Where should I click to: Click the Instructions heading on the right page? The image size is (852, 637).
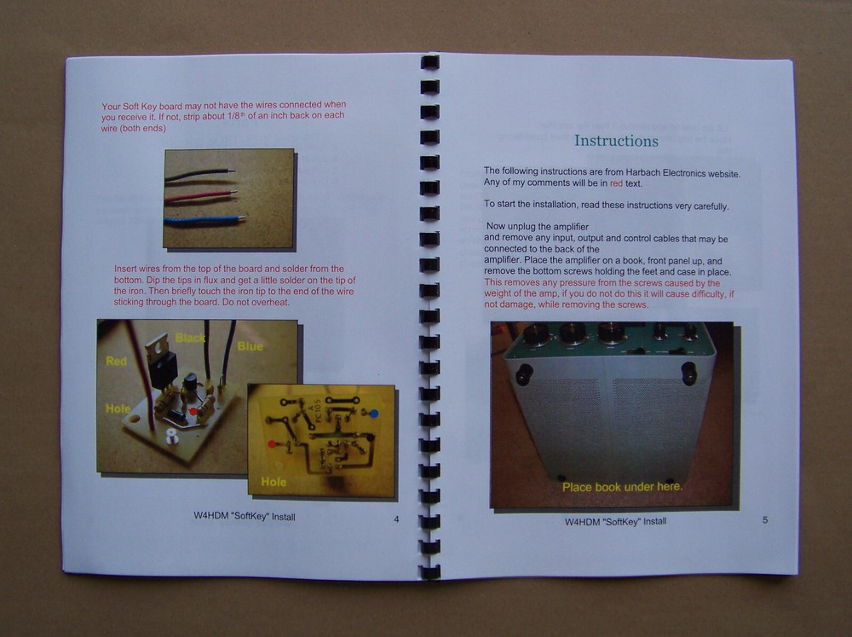point(615,141)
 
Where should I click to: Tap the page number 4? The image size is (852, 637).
point(395,519)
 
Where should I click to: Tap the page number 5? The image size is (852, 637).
point(764,519)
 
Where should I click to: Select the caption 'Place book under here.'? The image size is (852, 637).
point(621,487)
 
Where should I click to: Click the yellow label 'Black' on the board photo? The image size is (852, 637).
point(190,339)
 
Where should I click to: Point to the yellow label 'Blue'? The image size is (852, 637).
point(250,346)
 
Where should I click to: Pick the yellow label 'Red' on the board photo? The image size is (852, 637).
point(117,362)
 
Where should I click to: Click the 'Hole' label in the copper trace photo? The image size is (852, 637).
point(273,482)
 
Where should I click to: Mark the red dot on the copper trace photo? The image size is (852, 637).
point(272,444)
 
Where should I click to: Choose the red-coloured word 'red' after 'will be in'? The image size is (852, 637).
point(617,183)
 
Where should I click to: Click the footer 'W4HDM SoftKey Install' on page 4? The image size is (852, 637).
point(244,517)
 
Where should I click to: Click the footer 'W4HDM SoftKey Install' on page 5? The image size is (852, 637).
point(615,521)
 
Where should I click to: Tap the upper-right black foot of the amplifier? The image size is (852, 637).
point(688,372)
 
